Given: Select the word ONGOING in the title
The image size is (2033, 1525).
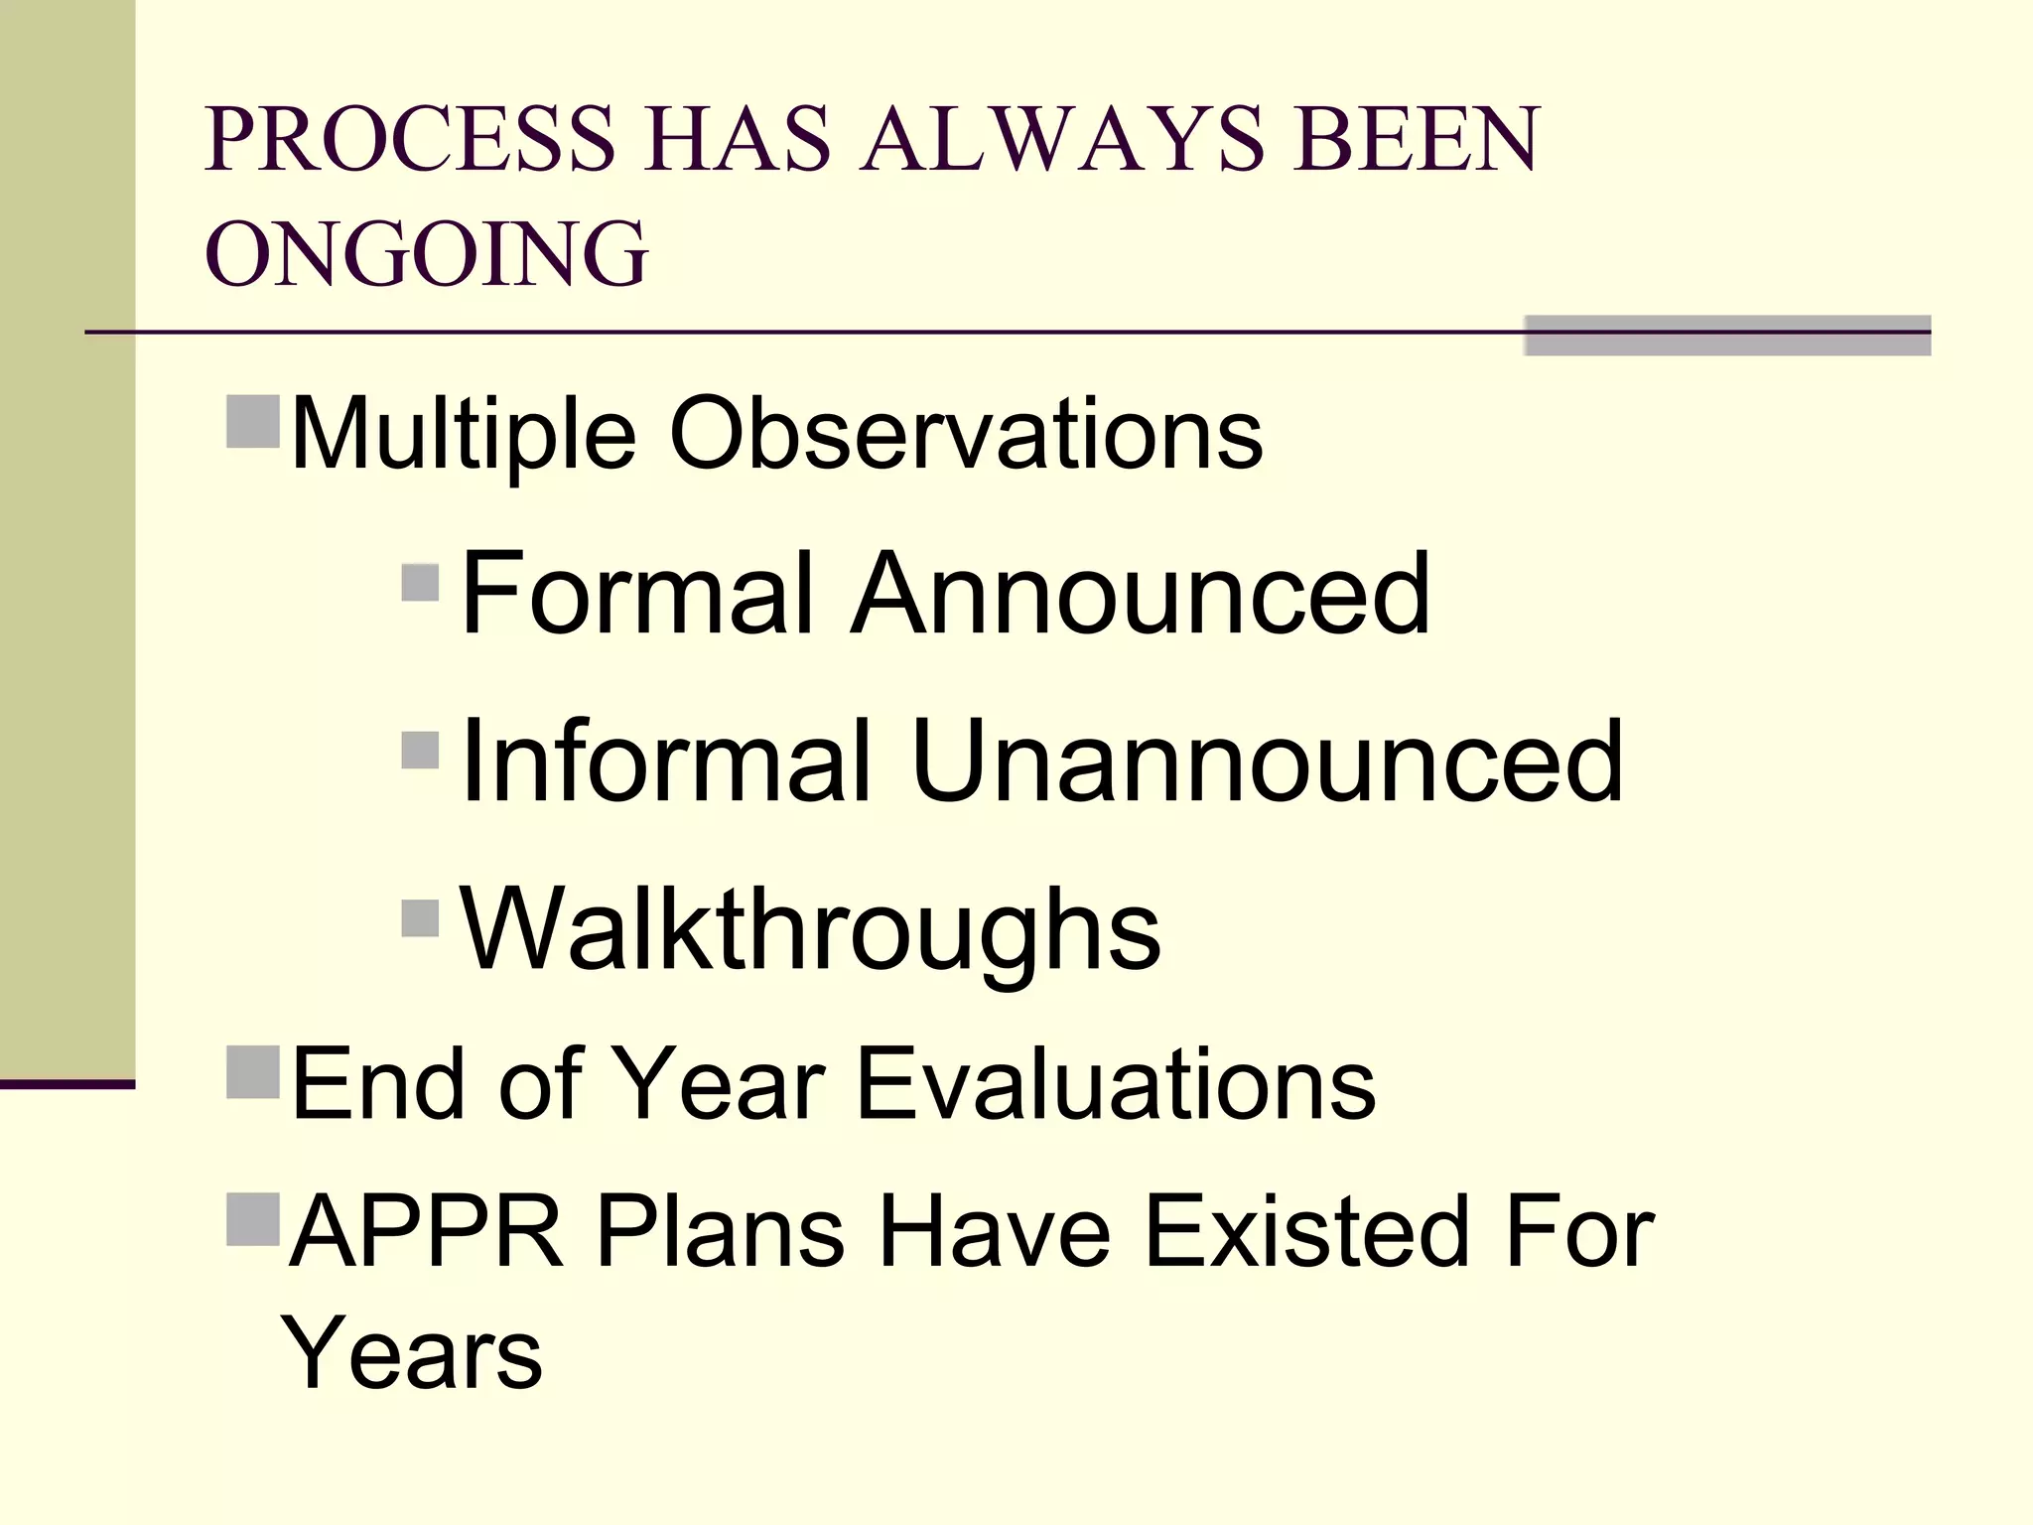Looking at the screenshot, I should (x=427, y=254).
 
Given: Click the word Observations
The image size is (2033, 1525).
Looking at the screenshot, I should (x=966, y=433).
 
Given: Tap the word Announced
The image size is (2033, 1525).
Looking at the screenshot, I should (x=1142, y=594).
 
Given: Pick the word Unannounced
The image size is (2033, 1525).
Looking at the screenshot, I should (x=1267, y=761).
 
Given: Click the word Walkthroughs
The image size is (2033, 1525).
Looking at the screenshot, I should (x=810, y=930).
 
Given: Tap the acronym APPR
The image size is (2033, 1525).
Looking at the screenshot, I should (x=426, y=1232).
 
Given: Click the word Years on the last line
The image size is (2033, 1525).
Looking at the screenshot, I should (x=412, y=1352).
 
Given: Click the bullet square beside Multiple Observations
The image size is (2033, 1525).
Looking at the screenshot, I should (x=253, y=422).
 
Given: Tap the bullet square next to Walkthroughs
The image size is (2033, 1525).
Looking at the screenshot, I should (x=421, y=918).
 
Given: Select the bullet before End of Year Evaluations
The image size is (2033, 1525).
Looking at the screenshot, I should (x=253, y=1072).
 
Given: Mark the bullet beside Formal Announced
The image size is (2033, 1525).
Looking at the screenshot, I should (x=421, y=583).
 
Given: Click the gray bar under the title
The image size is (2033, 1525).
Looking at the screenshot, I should (x=1727, y=336).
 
